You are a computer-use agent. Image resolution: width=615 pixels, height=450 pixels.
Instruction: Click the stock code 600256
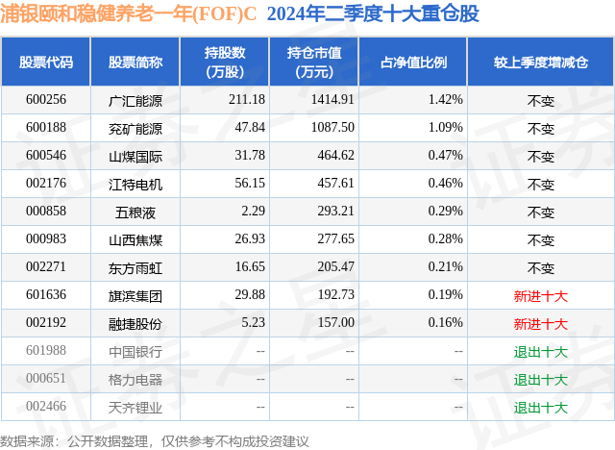tap(46, 99)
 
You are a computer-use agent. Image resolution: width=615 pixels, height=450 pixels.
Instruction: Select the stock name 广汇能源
tap(135, 99)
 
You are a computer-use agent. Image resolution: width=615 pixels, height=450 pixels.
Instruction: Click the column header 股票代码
tap(46, 62)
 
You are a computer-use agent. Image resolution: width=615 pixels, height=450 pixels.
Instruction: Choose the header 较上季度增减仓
tap(541, 62)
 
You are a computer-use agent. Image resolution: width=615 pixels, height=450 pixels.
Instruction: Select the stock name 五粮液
tap(135, 211)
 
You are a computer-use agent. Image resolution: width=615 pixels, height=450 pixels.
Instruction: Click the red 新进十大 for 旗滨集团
tap(541, 296)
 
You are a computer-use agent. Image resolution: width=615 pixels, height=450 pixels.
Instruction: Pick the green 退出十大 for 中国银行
tap(541, 352)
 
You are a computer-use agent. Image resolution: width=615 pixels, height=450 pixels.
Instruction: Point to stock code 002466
tap(46, 407)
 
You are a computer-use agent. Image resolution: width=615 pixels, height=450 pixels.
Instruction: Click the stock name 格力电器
tap(135, 379)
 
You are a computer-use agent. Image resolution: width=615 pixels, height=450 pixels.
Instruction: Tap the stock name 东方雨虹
tap(135, 266)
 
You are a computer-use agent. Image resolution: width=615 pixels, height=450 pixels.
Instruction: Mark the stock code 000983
tap(46, 238)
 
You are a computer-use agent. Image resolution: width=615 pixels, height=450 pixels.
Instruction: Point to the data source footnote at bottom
tap(155, 440)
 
